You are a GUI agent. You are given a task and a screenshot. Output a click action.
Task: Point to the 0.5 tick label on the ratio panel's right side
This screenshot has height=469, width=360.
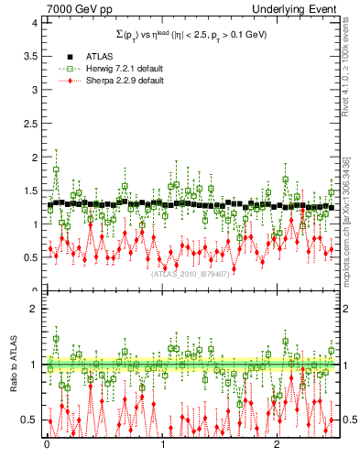click(x=349, y=420)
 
